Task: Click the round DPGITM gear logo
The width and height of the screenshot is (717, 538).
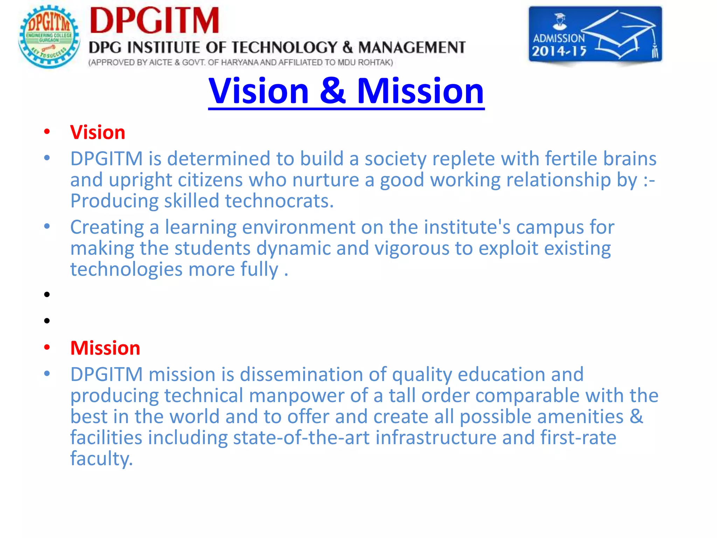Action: click(49, 36)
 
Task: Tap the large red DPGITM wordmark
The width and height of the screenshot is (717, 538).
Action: click(154, 21)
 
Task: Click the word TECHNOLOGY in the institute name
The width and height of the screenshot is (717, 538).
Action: click(284, 48)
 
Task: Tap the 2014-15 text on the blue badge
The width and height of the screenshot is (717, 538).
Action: click(559, 51)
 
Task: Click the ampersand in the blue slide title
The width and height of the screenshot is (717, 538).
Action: click(332, 91)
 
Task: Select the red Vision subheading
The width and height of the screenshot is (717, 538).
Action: click(98, 132)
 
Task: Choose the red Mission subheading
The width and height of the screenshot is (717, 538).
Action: click(105, 348)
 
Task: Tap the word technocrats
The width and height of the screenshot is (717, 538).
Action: click(279, 201)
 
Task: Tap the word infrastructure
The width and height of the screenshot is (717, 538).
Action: click(436, 438)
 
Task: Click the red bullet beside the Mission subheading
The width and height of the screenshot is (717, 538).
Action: click(47, 347)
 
